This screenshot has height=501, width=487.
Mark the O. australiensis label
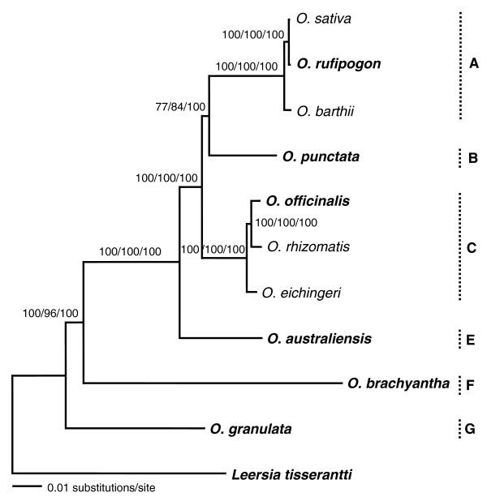click(x=319, y=337)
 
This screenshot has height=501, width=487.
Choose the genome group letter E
click(x=472, y=337)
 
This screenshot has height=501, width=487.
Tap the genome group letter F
click(x=472, y=383)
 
